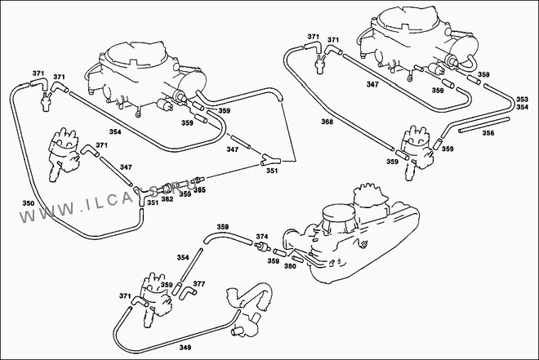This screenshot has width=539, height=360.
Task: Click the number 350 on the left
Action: [28, 203]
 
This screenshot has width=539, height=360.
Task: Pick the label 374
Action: [262, 238]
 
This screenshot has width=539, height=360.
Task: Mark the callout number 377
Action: [199, 284]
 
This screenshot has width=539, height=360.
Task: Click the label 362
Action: [167, 198]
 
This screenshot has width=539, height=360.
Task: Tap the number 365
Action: [199, 190]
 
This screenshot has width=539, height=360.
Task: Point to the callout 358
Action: [438, 91]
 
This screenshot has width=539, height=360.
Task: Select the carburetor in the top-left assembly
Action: [147, 69]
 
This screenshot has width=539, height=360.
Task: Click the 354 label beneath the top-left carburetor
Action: [114, 131]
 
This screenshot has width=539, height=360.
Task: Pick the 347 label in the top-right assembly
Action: [372, 85]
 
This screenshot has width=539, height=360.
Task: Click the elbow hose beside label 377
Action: [187, 290]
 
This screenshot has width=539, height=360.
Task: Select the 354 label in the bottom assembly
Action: [182, 257]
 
